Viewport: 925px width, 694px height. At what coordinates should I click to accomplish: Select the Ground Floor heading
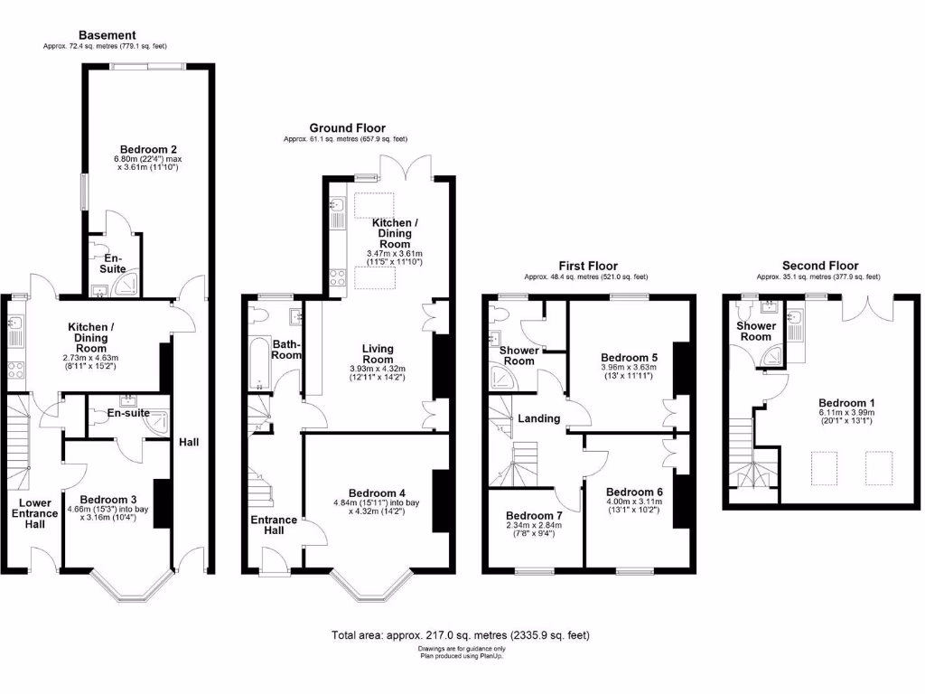tap(347, 128)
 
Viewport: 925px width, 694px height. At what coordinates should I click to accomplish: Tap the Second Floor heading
tap(818, 266)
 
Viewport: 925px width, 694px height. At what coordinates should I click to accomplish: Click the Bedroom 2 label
tap(147, 149)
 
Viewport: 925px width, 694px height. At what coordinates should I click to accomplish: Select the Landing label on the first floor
tap(539, 418)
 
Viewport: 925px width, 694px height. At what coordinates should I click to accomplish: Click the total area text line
tap(462, 635)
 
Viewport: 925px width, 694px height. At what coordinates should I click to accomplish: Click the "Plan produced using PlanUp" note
tap(462, 656)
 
